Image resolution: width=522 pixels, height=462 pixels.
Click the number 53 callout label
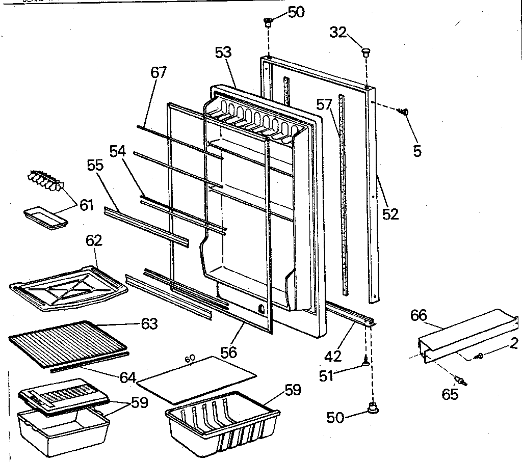tap(223, 52)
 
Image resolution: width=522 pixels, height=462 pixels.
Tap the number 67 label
tap(159, 72)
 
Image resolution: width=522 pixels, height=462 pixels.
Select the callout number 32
tap(337, 33)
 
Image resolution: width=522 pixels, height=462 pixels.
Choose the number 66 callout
tap(419, 315)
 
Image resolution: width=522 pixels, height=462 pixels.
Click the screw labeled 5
tap(406, 113)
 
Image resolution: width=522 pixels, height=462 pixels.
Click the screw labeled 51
tap(366, 362)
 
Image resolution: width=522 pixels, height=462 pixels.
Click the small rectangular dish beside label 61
tap(45, 216)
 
